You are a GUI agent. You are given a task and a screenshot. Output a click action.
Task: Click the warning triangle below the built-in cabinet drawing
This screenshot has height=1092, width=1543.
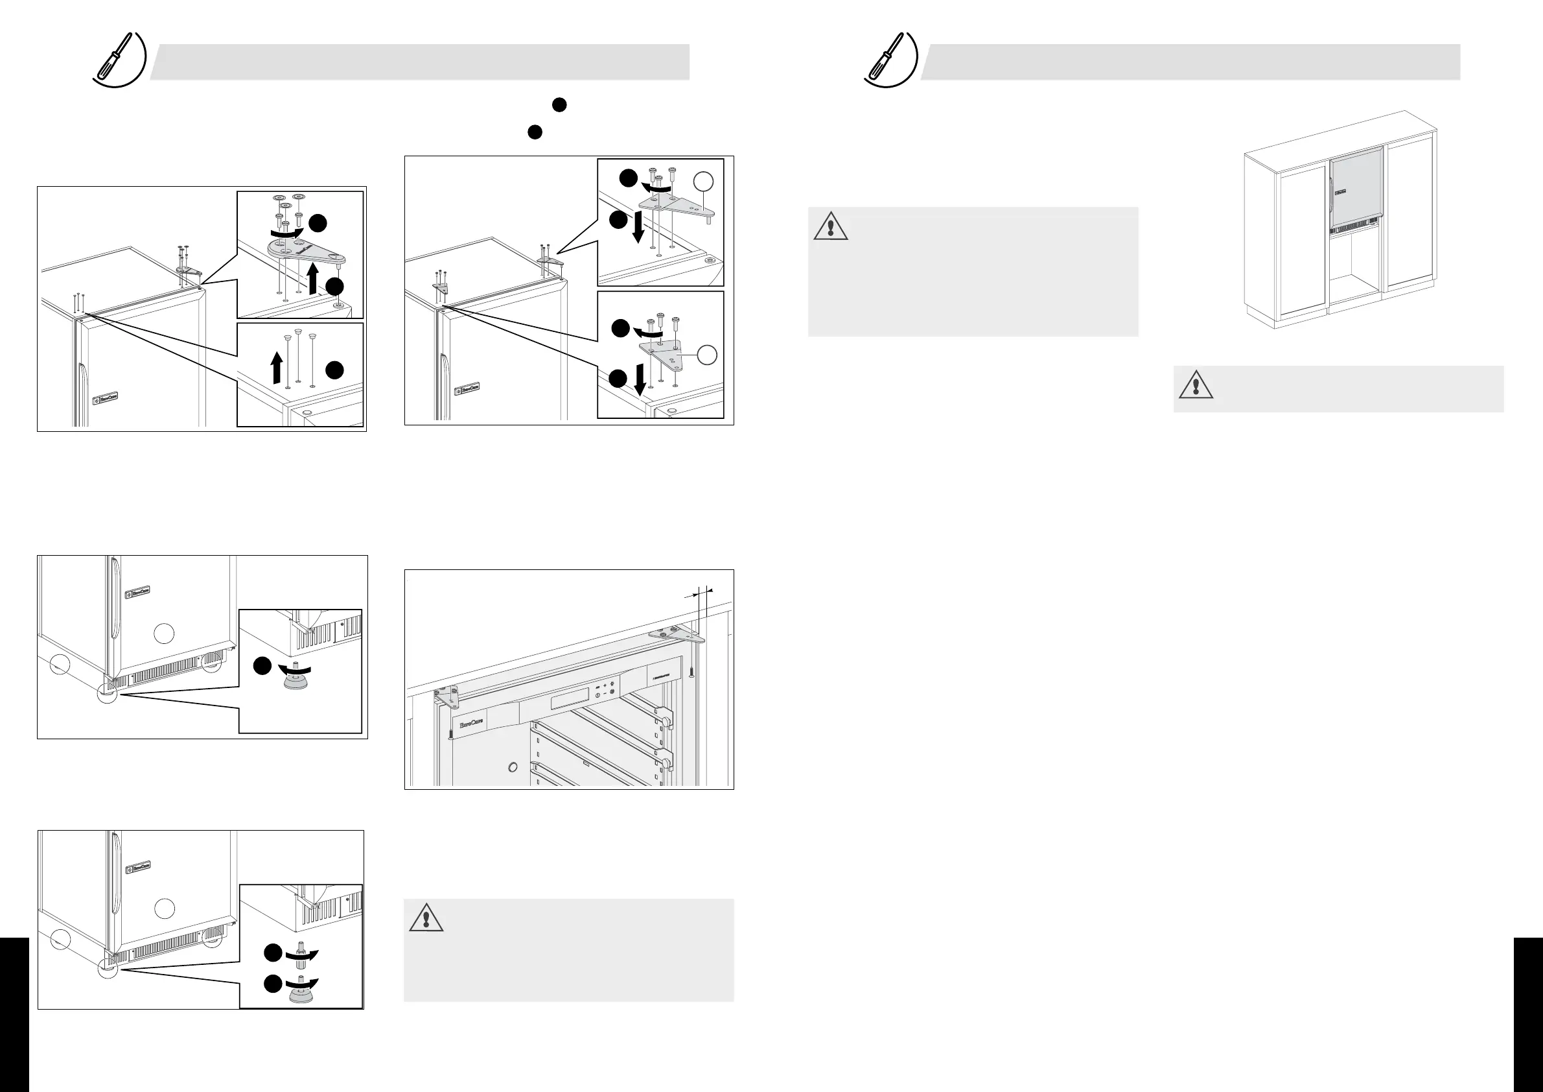tap(1196, 385)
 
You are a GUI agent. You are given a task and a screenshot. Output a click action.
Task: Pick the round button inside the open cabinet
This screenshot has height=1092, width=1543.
tap(513, 766)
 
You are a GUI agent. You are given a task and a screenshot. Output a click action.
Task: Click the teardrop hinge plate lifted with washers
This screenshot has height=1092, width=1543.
tap(305, 252)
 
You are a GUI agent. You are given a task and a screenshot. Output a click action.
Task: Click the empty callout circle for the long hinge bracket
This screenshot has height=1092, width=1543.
tap(703, 180)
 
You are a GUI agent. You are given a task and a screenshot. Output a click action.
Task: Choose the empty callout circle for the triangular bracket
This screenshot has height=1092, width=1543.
tap(706, 354)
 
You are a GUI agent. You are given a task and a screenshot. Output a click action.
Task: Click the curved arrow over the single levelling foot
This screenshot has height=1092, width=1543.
tap(296, 669)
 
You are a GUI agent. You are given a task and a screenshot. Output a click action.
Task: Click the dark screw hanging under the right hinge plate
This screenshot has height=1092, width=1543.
tap(691, 671)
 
